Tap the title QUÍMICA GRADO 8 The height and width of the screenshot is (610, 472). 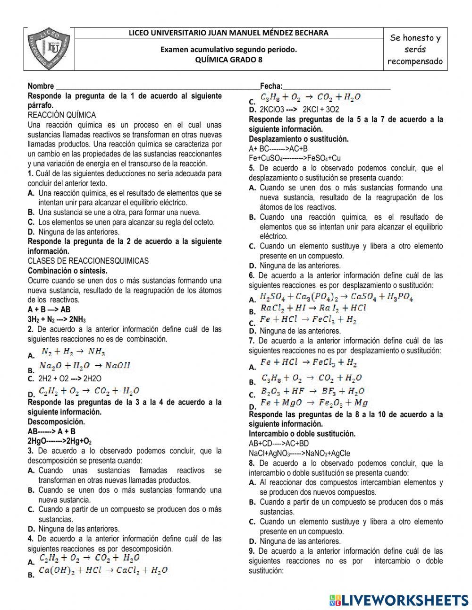[x=229, y=60]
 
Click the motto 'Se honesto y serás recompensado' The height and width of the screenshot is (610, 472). [x=415, y=50]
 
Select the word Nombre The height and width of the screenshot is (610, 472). [x=41, y=86]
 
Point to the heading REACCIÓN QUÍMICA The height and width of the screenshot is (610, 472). [x=62, y=115]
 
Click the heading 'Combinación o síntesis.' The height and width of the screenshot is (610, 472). [x=67, y=271]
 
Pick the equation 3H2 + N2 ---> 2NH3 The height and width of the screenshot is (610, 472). [x=57, y=319]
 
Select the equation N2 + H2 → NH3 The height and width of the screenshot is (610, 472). [x=73, y=352]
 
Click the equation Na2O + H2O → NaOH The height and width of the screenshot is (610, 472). [x=84, y=366]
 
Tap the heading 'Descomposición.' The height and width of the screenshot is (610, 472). [x=56, y=421]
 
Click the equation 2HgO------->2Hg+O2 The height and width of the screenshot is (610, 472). [x=59, y=441]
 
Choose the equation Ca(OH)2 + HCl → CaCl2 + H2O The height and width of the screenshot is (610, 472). [x=103, y=570]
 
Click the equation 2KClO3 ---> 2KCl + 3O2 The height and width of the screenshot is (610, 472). [x=299, y=109]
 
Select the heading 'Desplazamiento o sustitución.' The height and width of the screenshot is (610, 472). [x=299, y=139]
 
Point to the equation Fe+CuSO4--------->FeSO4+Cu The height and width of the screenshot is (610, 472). [x=295, y=158]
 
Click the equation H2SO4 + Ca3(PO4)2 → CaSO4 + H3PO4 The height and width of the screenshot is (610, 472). [x=337, y=297]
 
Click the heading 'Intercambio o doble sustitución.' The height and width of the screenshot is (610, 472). [x=302, y=434]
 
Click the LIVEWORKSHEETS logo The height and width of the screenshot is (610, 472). [x=399, y=600]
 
